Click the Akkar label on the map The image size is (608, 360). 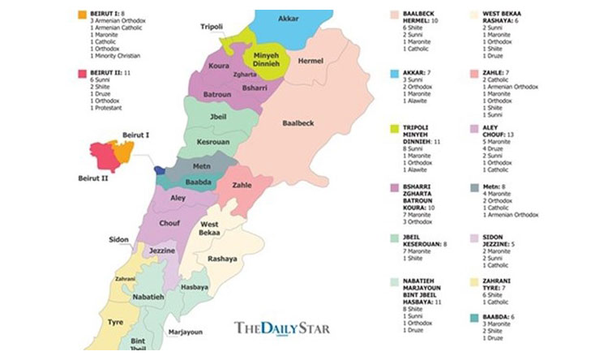pos(288,18)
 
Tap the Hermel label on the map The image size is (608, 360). pos(310,61)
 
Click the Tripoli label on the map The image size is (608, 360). pos(212,27)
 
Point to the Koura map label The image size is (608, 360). pos(216,64)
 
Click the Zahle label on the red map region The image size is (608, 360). pos(242,185)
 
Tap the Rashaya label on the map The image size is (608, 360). pos(222,259)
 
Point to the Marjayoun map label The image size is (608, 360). pos(186,332)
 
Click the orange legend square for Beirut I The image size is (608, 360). pos(83,15)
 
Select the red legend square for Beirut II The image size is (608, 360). pos(83,73)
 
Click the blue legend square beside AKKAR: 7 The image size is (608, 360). pos(395,72)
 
